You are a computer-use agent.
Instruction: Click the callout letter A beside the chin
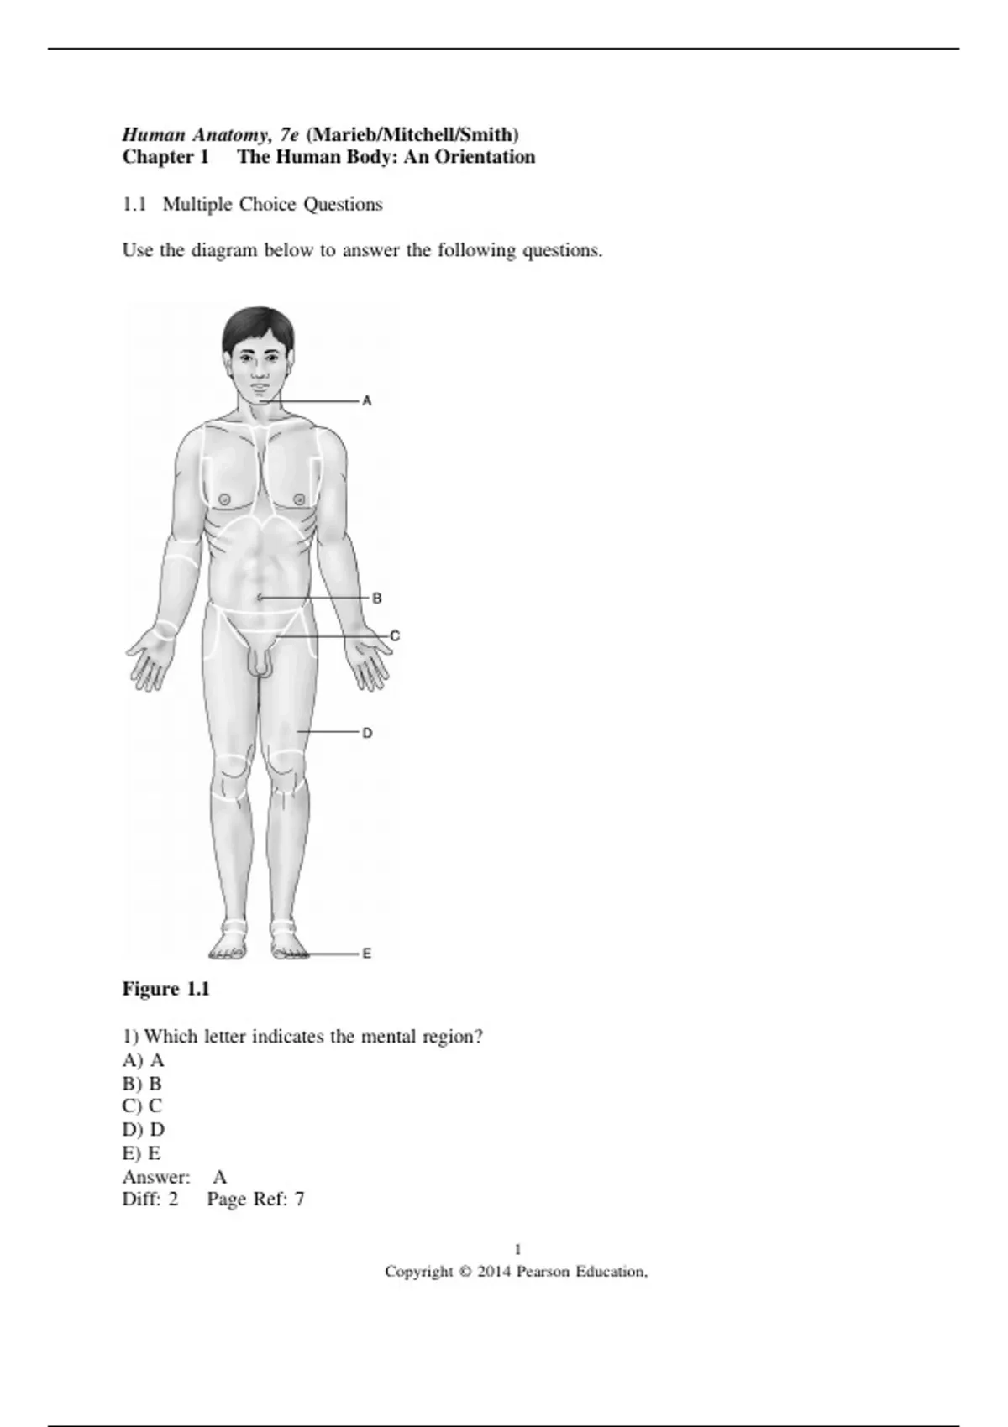tap(367, 401)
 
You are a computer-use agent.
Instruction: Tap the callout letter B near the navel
tap(377, 599)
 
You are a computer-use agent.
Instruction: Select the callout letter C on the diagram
tap(395, 636)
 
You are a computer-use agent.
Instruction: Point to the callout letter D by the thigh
tap(367, 733)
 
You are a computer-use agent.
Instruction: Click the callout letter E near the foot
tap(367, 954)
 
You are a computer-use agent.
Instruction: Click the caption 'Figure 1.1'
tap(166, 989)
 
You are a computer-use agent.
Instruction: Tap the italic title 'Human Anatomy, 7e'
tap(211, 134)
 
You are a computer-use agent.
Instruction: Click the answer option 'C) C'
tap(142, 1106)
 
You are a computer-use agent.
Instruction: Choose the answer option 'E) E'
tap(141, 1153)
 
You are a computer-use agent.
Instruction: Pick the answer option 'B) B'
tap(142, 1084)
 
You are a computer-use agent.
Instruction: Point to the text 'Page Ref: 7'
tap(255, 1200)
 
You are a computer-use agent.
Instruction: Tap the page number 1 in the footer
tap(517, 1249)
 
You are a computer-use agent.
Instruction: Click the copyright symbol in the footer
tap(465, 1272)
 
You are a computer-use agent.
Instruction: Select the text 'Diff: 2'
tap(150, 1200)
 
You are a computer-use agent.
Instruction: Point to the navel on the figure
tap(260, 597)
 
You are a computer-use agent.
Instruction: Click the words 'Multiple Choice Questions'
tap(273, 205)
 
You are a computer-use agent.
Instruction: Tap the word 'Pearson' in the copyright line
tap(543, 1272)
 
